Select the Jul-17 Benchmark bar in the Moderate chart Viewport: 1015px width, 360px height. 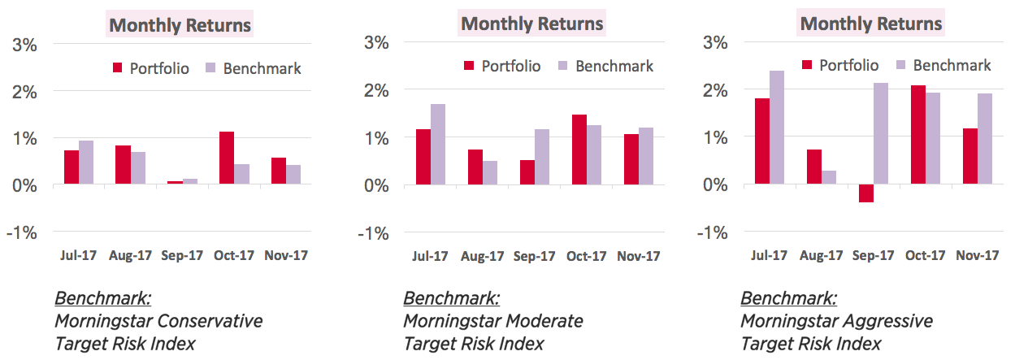click(437, 145)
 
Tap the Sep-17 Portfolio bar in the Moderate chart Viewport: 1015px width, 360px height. click(527, 172)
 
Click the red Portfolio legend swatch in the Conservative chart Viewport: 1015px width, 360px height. click(116, 67)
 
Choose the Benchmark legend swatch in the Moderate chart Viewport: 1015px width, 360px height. click(562, 66)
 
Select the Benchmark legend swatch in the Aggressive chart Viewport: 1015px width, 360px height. click(900, 65)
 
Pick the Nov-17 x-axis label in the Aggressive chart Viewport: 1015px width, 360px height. click(978, 255)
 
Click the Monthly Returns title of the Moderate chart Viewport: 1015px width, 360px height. click(532, 24)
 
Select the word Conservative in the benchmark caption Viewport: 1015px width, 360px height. click(210, 321)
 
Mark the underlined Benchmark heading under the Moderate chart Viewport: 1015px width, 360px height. click(452, 297)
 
